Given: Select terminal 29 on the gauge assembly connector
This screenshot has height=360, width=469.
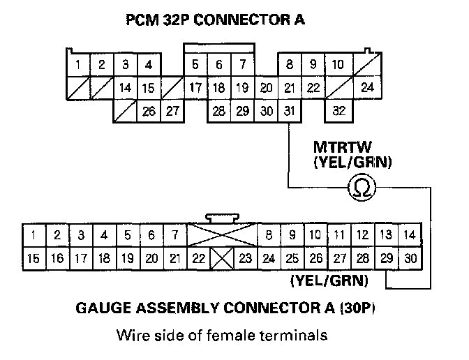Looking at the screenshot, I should (x=387, y=258).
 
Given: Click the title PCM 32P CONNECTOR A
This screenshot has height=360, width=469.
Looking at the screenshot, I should (x=215, y=20).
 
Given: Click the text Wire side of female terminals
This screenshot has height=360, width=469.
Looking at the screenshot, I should (x=221, y=336).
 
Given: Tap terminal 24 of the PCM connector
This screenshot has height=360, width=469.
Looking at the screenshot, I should (x=368, y=89).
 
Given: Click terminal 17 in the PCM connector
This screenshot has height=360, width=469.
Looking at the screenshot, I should (x=196, y=89).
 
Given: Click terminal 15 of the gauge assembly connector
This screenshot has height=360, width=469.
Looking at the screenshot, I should (x=32, y=258).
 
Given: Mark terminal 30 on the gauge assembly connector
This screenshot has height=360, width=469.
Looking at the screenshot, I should (x=410, y=258).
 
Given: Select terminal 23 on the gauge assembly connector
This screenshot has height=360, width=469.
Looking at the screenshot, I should (x=245, y=258).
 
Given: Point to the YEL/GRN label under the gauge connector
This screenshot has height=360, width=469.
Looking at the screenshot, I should (x=329, y=282).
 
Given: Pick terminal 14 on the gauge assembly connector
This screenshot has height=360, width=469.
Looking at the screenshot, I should (x=410, y=235).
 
